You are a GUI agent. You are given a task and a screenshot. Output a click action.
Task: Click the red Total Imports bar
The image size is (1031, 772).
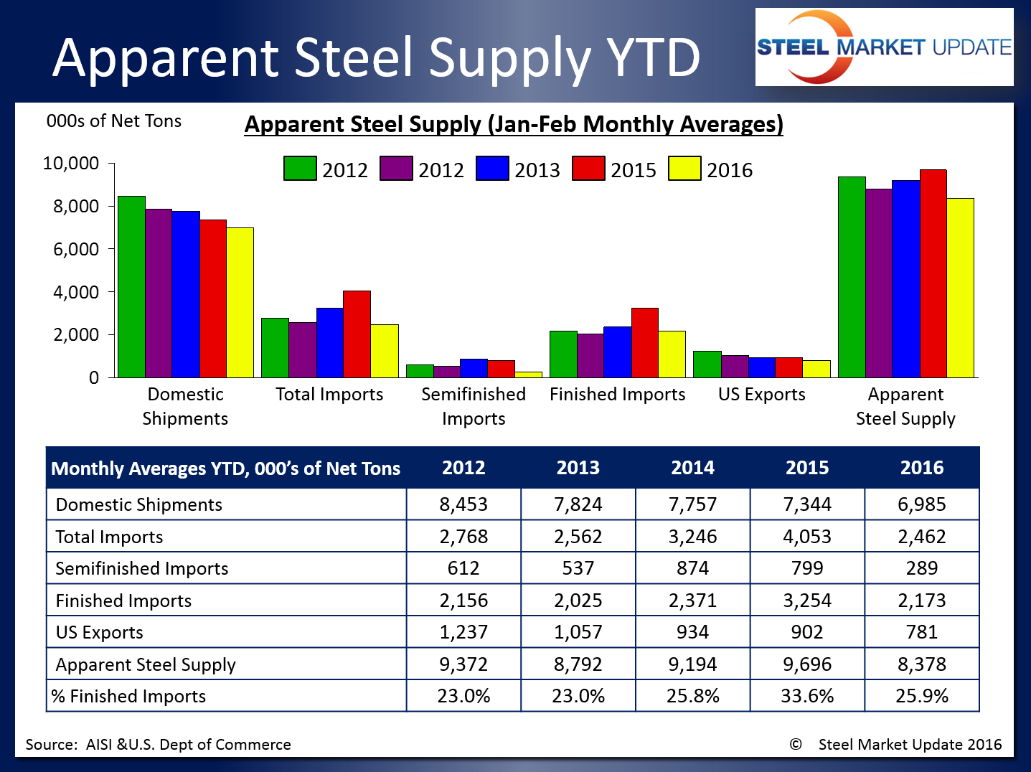[x=357, y=334]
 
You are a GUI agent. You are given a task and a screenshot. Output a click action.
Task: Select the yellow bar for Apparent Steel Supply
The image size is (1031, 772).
[x=960, y=288]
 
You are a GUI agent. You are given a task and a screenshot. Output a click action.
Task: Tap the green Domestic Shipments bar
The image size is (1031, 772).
[x=132, y=286]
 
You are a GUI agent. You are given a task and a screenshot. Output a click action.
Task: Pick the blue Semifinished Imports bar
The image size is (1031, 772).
[x=474, y=368]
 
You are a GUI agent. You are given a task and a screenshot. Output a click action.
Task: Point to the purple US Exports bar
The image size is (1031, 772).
[x=735, y=366]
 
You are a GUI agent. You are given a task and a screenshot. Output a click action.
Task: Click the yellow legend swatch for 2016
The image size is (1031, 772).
[x=684, y=169]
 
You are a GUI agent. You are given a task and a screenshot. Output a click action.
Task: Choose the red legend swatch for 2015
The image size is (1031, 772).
[x=588, y=169]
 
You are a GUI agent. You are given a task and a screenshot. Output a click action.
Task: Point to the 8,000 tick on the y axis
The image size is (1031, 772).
[x=70, y=207]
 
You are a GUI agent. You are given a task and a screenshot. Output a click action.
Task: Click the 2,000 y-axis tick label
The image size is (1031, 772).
[x=70, y=335]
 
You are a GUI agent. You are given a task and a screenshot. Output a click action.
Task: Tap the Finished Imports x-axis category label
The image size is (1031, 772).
[x=617, y=394]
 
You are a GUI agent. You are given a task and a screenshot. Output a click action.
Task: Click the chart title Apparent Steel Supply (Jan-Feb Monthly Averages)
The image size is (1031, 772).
[x=514, y=124]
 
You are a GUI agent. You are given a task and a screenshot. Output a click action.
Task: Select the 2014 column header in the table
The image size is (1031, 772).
[x=692, y=468]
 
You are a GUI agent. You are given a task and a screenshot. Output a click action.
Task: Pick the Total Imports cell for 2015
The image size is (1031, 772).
[x=807, y=537]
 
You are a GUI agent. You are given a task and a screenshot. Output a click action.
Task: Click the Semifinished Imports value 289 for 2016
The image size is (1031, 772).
[x=922, y=568]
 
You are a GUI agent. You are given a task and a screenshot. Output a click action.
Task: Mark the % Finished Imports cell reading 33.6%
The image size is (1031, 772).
[x=807, y=696]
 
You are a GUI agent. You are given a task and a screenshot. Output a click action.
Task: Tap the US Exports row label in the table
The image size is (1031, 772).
[x=100, y=632]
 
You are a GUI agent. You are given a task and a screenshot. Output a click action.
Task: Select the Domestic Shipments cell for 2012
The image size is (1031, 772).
[x=463, y=504]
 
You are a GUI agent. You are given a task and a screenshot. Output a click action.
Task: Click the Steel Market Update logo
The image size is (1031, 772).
[x=884, y=47]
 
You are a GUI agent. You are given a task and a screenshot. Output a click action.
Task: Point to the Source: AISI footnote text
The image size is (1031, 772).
[x=158, y=745]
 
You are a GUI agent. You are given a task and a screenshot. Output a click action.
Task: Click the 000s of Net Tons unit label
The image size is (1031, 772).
[x=114, y=121]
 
